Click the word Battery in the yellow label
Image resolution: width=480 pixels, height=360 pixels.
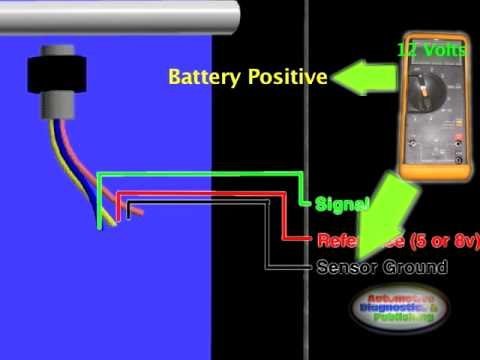click(x=199, y=77)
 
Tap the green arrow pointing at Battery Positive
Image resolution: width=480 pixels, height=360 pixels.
click(x=365, y=77)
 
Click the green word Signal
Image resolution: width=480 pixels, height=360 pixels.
click(x=343, y=205)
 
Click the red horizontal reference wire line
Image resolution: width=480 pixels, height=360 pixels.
click(x=210, y=194)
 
